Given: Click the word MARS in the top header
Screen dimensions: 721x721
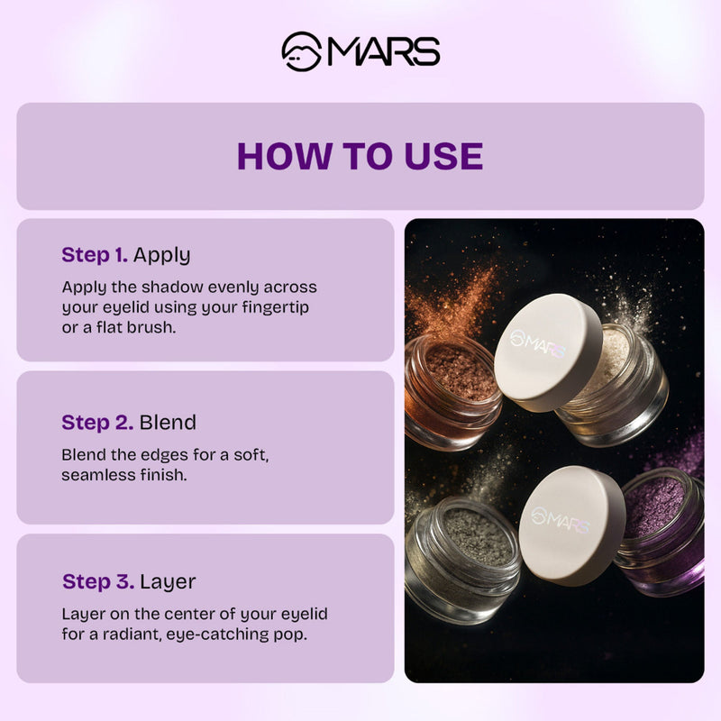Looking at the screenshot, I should [x=383, y=51].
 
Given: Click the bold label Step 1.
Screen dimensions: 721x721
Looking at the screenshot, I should [x=95, y=255].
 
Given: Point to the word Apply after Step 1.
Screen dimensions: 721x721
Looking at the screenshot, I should [x=162, y=255].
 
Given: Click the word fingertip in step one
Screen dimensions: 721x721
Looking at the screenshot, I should [x=284, y=308].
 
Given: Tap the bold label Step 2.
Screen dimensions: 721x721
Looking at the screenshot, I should [x=97, y=422].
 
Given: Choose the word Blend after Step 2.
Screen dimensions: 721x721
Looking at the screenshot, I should [x=168, y=422].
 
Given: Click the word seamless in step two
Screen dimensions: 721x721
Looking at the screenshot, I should [x=96, y=474].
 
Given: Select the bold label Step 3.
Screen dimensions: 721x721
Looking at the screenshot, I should [x=97, y=581].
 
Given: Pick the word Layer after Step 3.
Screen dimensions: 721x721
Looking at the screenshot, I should [x=168, y=581].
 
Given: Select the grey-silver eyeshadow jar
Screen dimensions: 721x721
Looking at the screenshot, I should [x=460, y=559].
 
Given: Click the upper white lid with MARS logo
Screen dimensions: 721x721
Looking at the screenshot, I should [x=546, y=351].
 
